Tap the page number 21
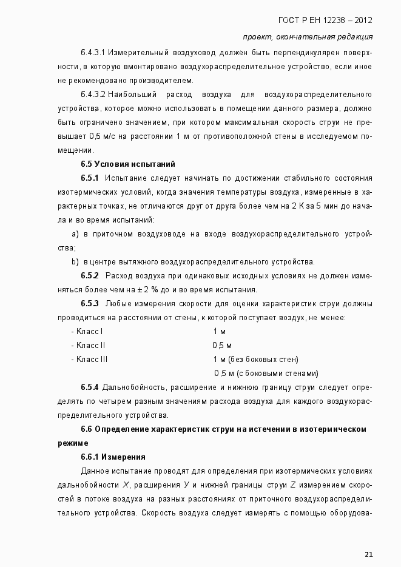(369, 554)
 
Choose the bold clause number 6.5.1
(90, 178)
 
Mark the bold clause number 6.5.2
(90, 276)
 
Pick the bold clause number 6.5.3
(90, 304)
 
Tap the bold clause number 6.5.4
(90, 388)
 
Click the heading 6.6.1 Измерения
(113, 457)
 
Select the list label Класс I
(87, 331)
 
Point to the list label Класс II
(89, 345)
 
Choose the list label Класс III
(90, 359)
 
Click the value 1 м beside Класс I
(220, 331)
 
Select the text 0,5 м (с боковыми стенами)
(266, 373)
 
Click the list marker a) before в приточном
(75, 233)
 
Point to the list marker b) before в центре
(75, 261)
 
